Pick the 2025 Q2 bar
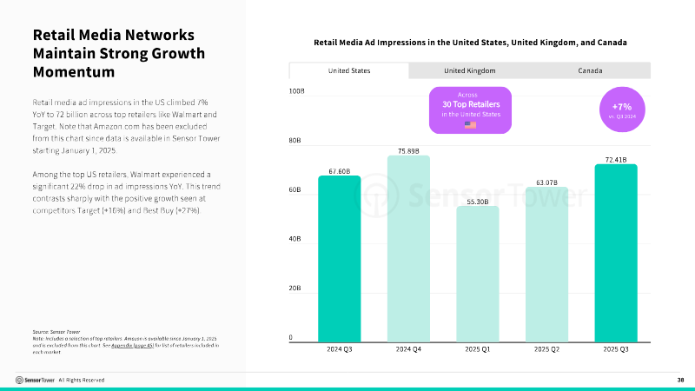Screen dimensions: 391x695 (546, 264)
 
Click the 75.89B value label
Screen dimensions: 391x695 (408, 150)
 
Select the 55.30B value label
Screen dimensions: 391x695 (478, 201)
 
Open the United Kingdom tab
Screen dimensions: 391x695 (470, 70)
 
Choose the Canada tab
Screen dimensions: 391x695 (590, 70)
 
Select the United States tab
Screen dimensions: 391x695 (349, 70)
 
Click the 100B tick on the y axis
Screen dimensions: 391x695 (296, 90)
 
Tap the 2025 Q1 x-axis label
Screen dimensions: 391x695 (478, 349)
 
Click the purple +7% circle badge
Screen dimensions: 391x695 (621, 109)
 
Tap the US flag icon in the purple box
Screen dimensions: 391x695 (470, 124)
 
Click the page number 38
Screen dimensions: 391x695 (680, 380)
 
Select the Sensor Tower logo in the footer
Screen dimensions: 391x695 (35, 380)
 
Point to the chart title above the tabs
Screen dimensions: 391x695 (470, 42)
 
